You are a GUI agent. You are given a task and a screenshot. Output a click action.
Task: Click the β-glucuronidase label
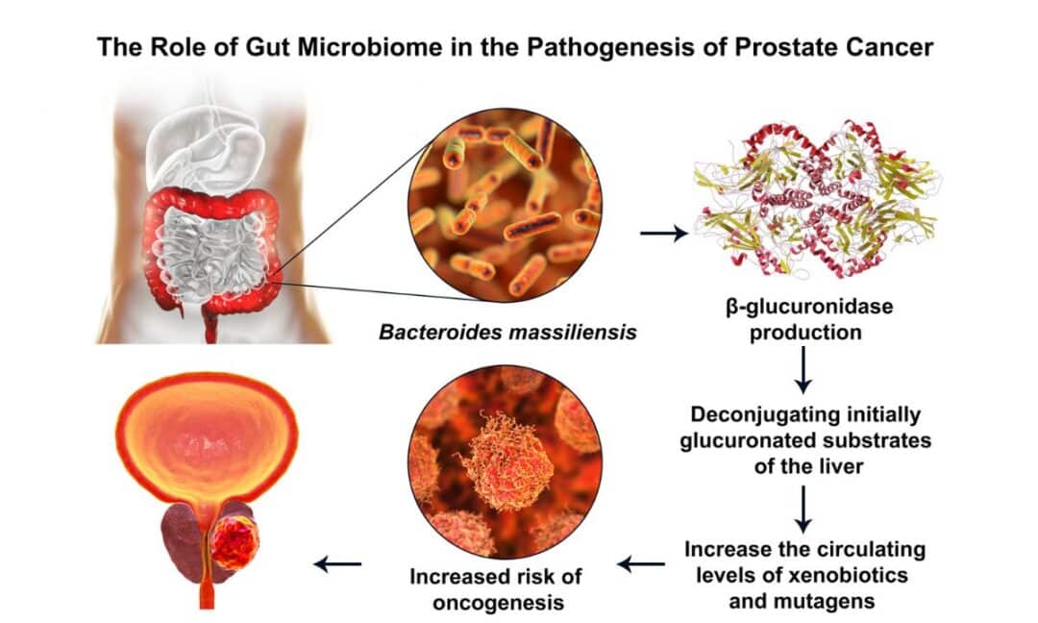[x=809, y=308]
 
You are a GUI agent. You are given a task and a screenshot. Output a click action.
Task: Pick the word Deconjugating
[x=754, y=415]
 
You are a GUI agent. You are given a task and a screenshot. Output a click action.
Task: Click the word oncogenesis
[x=498, y=603]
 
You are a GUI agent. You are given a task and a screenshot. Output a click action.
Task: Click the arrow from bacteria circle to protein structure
[x=664, y=233]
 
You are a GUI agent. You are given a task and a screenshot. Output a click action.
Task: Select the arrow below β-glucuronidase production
[x=803, y=369]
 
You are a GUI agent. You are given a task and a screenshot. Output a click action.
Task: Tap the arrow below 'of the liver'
[x=803, y=510]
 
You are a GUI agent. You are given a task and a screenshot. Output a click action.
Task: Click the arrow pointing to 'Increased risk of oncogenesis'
[x=641, y=564]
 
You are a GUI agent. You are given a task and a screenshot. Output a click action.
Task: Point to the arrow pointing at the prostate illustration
[x=337, y=564]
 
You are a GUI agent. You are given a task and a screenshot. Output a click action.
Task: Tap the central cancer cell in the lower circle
[x=507, y=461]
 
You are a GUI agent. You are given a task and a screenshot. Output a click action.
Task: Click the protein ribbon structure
[x=818, y=199]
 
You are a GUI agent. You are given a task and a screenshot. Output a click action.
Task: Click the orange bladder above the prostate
[x=207, y=436]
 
